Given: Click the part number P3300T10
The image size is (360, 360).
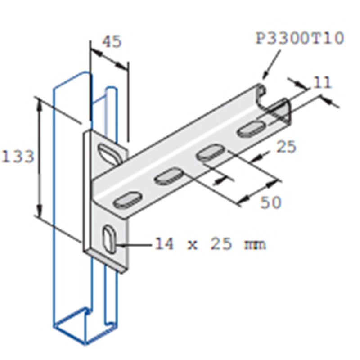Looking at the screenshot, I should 300,38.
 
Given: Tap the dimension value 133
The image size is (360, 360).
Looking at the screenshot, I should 18,157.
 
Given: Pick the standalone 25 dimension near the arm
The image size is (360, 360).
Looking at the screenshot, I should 286,146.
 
